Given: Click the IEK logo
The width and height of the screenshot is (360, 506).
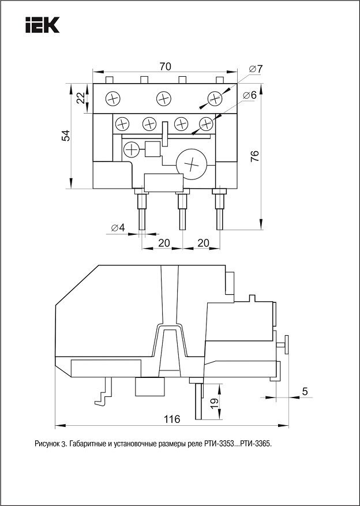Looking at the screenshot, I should [43, 25].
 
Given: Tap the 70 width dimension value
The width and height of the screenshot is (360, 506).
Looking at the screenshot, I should [165, 67].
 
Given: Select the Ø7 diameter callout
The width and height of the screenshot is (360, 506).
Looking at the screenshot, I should [256, 69].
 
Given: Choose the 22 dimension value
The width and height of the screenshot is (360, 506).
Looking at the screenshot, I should [80, 98].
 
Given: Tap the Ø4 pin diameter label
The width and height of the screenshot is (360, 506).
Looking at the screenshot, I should [117, 227].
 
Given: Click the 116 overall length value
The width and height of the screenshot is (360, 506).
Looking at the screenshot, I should [171, 419].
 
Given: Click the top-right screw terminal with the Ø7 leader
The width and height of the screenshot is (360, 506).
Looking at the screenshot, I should [215, 99].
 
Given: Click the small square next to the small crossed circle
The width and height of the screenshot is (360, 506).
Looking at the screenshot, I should [153, 149].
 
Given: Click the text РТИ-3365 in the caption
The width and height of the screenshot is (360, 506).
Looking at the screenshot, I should [254, 445].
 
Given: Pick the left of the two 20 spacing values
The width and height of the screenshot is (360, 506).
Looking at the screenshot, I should [164, 243].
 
